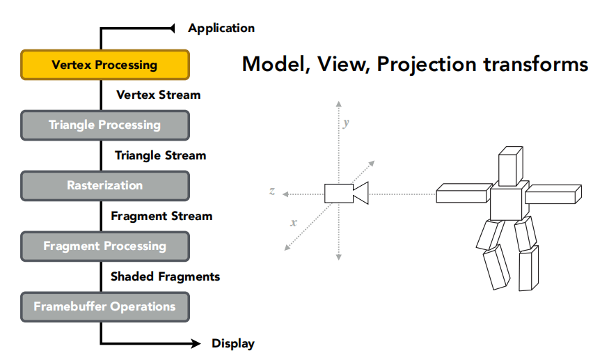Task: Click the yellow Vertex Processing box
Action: click(x=104, y=65)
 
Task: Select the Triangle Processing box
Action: click(x=104, y=125)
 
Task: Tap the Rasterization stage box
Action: click(x=104, y=186)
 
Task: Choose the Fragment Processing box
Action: click(x=104, y=246)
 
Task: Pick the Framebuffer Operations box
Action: click(x=104, y=306)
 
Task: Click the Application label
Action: click(x=221, y=29)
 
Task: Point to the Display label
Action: click(x=232, y=343)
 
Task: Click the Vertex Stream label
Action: click(x=158, y=95)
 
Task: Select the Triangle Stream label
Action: click(x=160, y=155)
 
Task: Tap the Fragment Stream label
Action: click(x=161, y=216)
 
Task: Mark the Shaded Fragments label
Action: click(x=165, y=276)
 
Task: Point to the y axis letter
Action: click(x=346, y=123)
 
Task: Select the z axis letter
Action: click(x=271, y=191)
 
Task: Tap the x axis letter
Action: click(x=294, y=223)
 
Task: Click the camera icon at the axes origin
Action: click(x=345, y=193)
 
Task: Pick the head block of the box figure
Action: click(x=510, y=166)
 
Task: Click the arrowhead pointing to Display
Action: click(x=196, y=343)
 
